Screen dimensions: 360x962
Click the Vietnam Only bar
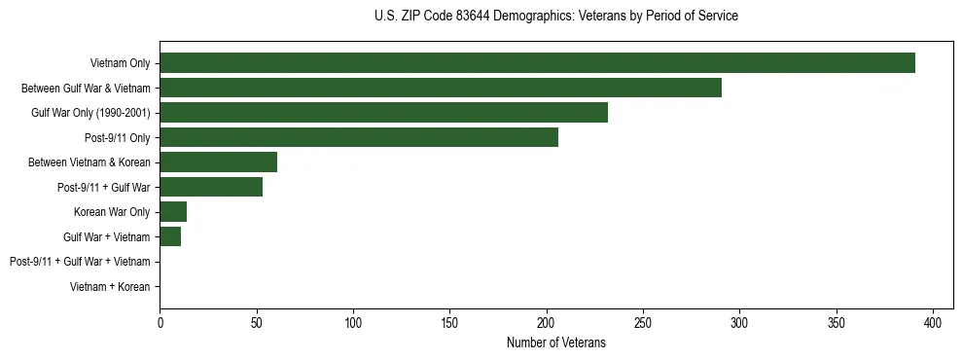pyautogui.click(x=537, y=63)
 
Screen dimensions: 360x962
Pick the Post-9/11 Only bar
pyautogui.click(x=359, y=137)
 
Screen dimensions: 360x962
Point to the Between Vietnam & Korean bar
pyautogui.click(x=218, y=162)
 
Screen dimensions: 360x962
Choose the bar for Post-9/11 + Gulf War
pyautogui.click(x=211, y=187)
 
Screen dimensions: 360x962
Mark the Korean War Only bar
pyautogui.click(x=173, y=212)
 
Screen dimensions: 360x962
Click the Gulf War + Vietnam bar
pyautogui.click(x=170, y=236)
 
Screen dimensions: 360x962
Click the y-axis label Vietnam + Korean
pyautogui.click(x=110, y=287)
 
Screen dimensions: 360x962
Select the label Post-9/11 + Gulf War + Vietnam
pyautogui.click(x=79, y=262)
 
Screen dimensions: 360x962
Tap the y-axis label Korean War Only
pyautogui.click(x=112, y=212)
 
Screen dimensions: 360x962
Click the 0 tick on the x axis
pyautogui.click(x=160, y=320)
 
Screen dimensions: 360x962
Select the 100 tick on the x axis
pyautogui.click(x=353, y=320)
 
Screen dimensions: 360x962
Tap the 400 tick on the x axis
pyautogui.click(x=933, y=320)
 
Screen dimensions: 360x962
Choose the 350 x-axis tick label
pyautogui.click(x=837, y=320)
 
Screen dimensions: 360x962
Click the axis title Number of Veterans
pyautogui.click(x=555, y=342)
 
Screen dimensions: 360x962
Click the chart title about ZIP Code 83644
pyautogui.click(x=555, y=17)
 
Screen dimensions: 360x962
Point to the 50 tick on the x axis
pyautogui.click(x=257, y=320)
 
